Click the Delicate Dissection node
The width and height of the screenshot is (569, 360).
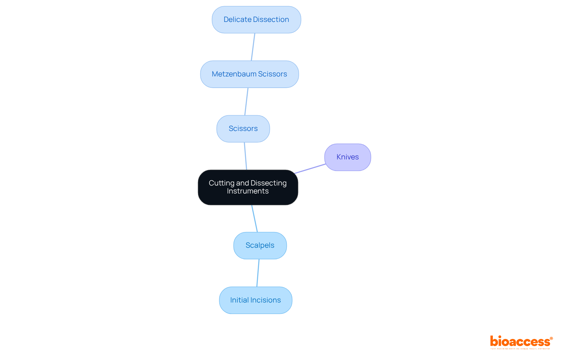point(256,20)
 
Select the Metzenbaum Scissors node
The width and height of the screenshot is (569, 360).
point(249,74)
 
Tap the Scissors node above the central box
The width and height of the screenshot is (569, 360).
point(243,129)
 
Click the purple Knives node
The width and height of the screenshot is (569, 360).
point(347,157)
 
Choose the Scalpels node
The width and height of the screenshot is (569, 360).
point(260,245)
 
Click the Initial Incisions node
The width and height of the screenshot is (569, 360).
point(255,300)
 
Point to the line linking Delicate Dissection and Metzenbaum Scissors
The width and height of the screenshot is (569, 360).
point(253,47)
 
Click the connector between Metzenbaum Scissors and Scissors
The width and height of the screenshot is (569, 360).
point(246,101)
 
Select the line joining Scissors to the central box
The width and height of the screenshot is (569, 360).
point(245,156)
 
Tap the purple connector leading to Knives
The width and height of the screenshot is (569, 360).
point(310,169)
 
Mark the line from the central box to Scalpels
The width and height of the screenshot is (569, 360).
point(255,218)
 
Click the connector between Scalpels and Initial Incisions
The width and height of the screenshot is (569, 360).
point(258,273)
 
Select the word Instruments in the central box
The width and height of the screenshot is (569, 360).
point(248,191)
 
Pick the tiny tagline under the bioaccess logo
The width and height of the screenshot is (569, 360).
point(520,349)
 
